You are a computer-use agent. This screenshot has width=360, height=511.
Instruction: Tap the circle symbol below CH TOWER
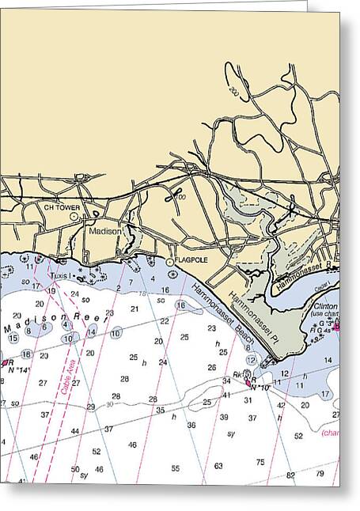(74, 215)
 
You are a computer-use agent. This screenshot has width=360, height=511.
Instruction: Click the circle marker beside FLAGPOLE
(169, 261)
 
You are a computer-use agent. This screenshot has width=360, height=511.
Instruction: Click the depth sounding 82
(290, 475)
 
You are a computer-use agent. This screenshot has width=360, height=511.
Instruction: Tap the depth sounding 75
(260, 462)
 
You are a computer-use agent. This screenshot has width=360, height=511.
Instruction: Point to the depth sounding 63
(218, 466)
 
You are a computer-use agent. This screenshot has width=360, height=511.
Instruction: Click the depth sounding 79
(320, 474)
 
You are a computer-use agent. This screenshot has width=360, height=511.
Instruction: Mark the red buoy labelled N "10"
(248, 384)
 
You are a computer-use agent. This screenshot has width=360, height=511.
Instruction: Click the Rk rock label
(237, 376)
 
